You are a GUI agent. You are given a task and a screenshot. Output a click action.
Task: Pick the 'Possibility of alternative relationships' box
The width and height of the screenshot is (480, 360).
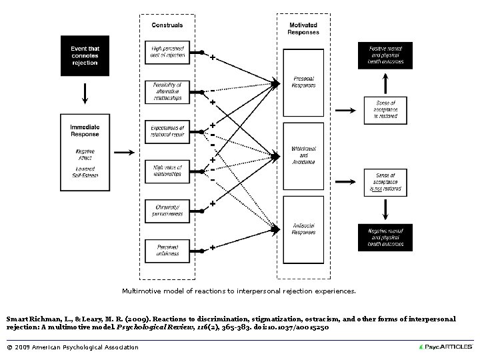(x=167, y=91)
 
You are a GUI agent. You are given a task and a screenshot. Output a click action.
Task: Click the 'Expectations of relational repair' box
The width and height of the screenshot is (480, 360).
(x=167, y=131)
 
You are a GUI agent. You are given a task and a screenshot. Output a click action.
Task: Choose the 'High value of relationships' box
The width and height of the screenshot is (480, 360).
(x=167, y=171)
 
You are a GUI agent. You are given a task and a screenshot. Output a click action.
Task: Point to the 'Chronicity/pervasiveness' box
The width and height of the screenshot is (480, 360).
(x=167, y=210)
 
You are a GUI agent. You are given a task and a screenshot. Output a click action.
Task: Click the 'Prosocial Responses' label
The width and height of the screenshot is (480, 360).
(x=303, y=83)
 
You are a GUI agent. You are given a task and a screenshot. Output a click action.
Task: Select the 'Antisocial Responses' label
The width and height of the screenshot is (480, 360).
(x=303, y=228)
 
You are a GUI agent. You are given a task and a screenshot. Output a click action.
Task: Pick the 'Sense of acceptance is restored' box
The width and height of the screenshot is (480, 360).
(x=385, y=109)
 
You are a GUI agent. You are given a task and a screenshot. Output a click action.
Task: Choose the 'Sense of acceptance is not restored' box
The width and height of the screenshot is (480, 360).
(x=385, y=181)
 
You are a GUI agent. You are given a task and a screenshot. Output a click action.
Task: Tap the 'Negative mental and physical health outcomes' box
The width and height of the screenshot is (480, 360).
(x=385, y=237)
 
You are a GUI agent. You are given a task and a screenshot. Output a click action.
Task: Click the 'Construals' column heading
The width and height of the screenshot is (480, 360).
(x=167, y=25)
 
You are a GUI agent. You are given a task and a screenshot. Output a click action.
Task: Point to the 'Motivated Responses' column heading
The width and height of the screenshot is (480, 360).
(x=303, y=29)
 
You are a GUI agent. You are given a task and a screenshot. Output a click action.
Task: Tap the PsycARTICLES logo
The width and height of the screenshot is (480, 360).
(x=445, y=347)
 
